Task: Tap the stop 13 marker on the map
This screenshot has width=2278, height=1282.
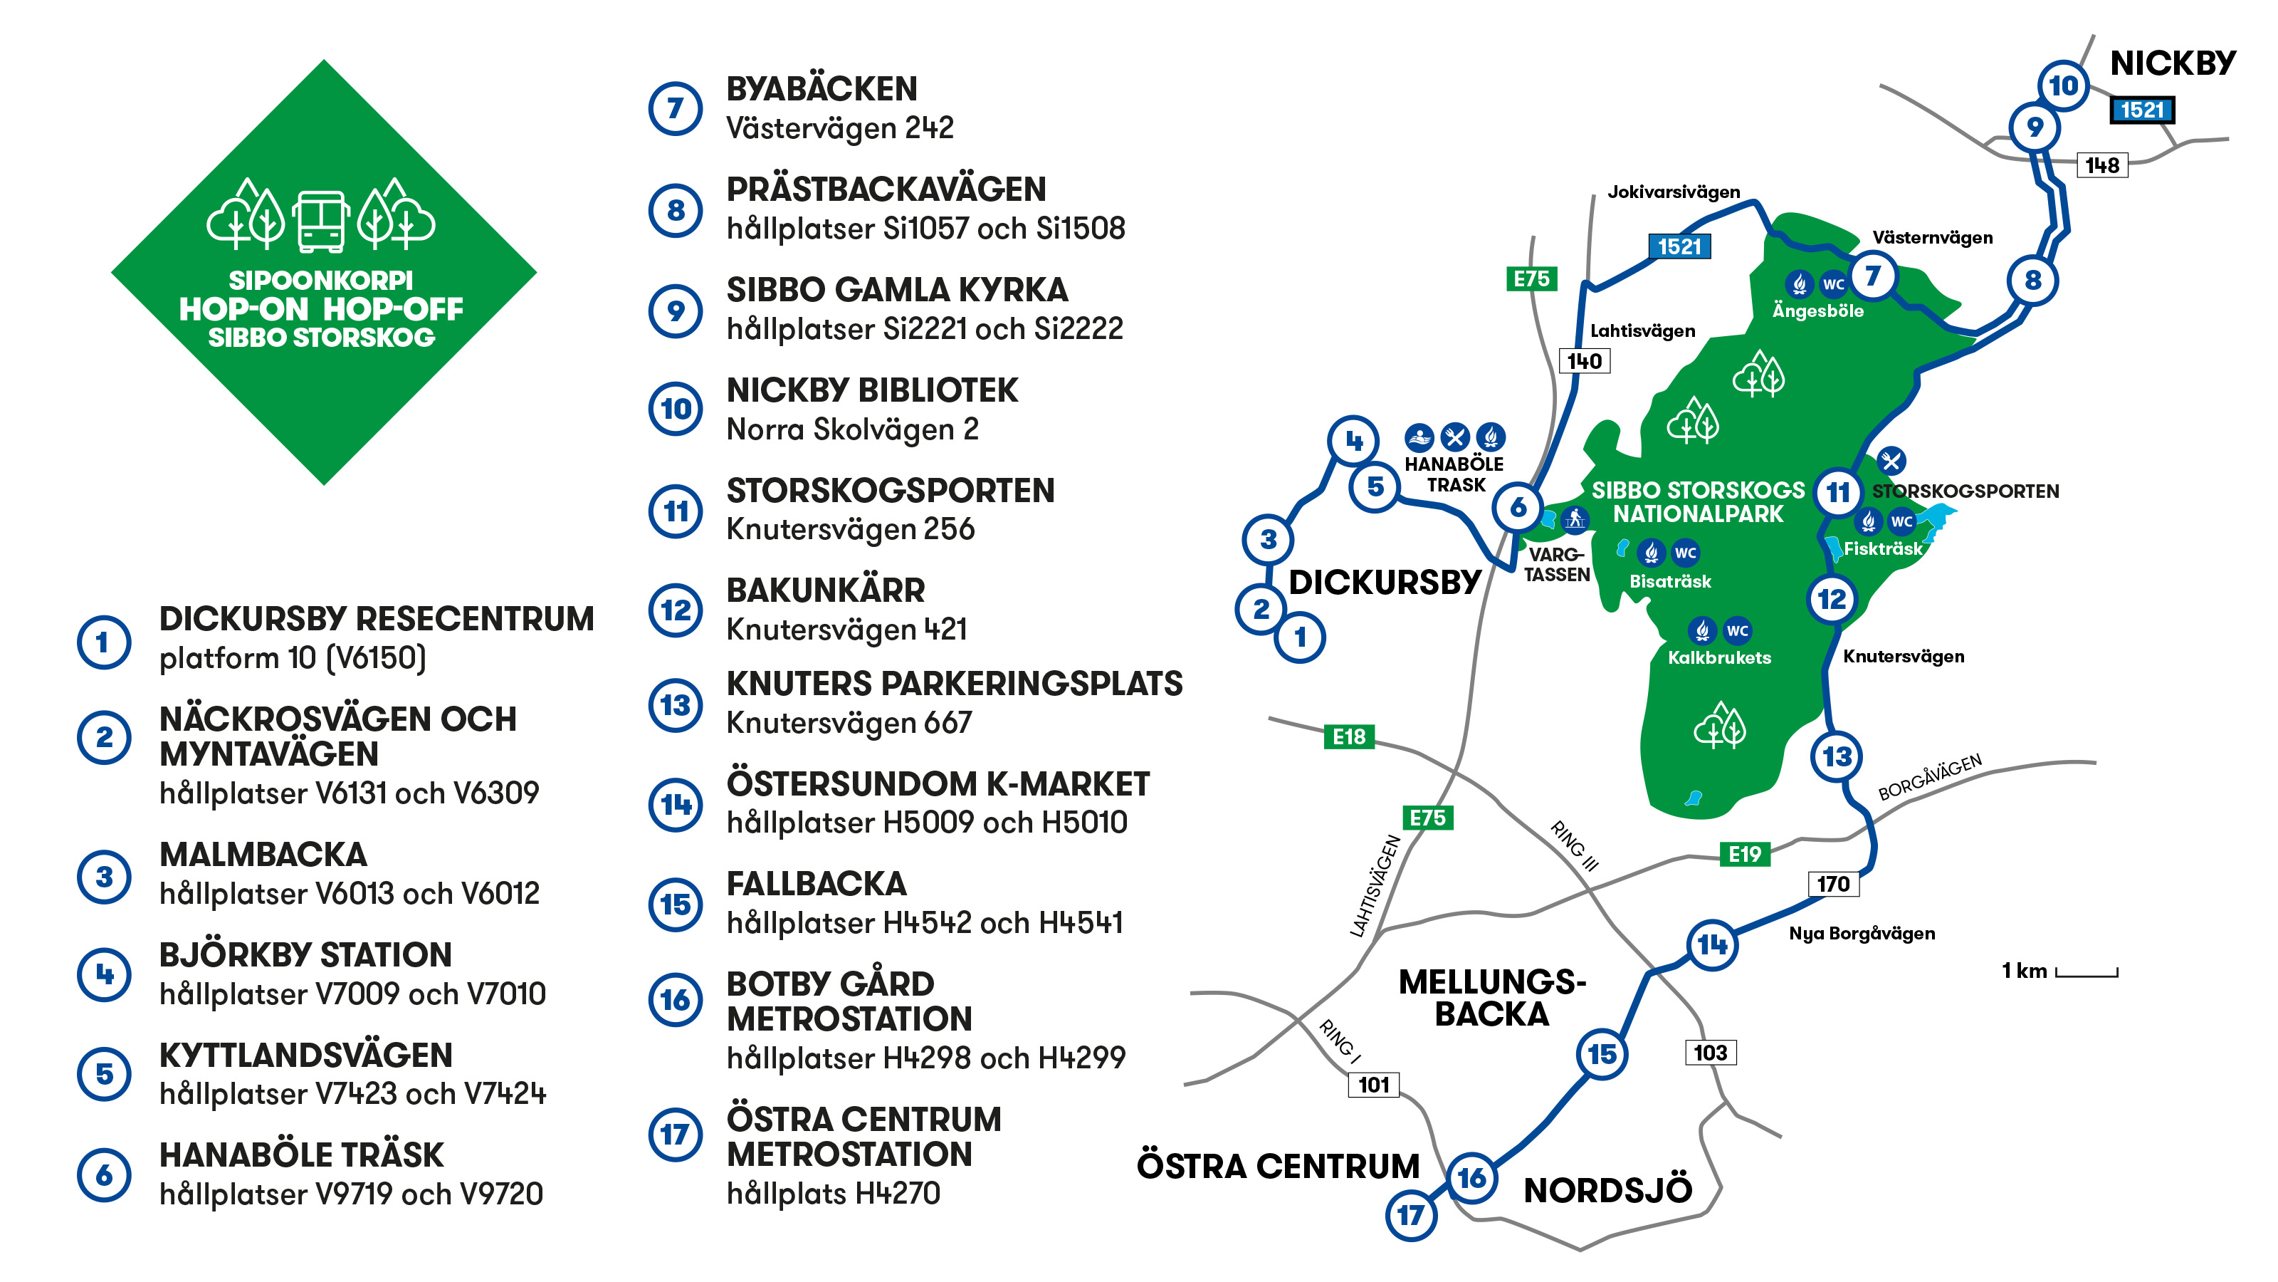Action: tap(1837, 756)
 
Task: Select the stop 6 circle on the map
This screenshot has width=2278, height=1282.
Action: tap(1518, 507)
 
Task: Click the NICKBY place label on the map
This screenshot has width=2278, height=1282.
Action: tap(2173, 63)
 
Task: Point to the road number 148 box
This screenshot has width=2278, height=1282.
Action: tap(2102, 165)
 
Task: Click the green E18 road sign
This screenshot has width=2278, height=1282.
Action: tap(1348, 736)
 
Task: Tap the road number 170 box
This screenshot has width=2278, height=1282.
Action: tap(1833, 884)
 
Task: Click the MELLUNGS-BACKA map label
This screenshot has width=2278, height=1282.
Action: tap(1492, 998)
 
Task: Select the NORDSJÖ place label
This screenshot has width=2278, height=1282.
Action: tap(1607, 1191)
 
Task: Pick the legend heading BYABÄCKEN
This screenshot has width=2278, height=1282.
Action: tap(822, 89)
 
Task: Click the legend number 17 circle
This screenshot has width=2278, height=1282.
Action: tap(676, 1135)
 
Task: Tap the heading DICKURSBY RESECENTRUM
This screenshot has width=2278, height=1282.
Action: tap(377, 620)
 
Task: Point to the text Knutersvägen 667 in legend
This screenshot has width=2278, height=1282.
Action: tap(849, 723)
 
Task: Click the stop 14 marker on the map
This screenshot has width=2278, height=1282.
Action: tap(1712, 945)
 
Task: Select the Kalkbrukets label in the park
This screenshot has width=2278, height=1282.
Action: tap(1719, 657)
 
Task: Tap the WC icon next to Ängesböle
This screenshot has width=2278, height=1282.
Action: tap(1833, 284)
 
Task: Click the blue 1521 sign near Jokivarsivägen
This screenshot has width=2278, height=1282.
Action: tap(1679, 247)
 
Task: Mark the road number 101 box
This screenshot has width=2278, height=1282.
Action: tap(1373, 1085)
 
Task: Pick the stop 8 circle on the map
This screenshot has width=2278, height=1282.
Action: tap(2033, 281)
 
